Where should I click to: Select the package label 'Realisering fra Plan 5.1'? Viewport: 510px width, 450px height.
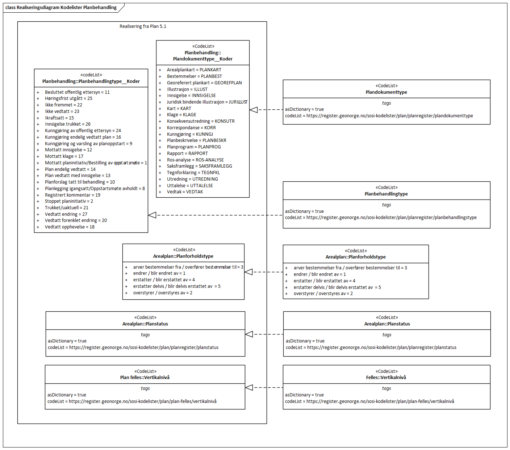(x=143, y=26)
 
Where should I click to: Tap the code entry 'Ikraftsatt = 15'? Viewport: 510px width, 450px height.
(x=59, y=118)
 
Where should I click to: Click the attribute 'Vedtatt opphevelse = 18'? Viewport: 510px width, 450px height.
(x=70, y=227)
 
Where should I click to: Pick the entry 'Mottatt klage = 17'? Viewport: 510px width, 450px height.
(x=64, y=156)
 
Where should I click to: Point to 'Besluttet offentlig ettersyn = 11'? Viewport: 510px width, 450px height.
(x=77, y=92)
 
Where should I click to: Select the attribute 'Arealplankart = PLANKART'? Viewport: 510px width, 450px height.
(x=194, y=70)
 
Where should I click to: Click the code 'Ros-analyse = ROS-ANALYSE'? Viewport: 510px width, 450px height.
(x=195, y=160)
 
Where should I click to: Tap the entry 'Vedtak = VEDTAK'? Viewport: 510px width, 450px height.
(x=185, y=192)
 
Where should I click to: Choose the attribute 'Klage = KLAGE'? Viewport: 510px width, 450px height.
(x=181, y=115)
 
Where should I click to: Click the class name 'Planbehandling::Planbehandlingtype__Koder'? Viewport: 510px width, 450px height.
(x=91, y=81)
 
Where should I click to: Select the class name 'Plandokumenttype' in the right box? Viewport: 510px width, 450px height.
(x=386, y=92)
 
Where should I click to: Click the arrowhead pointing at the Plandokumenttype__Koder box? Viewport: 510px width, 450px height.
(x=254, y=110)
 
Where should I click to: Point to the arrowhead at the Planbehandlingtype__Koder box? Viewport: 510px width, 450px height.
(x=152, y=215)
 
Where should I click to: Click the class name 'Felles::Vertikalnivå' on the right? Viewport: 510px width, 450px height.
(x=386, y=378)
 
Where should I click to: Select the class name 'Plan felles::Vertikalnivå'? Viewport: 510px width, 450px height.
(x=145, y=378)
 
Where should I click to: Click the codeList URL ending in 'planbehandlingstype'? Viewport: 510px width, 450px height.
(x=391, y=218)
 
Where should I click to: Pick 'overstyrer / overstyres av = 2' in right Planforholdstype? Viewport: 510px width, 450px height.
(x=323, y=294)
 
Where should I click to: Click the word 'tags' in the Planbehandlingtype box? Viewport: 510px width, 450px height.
(x=386, y=205)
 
